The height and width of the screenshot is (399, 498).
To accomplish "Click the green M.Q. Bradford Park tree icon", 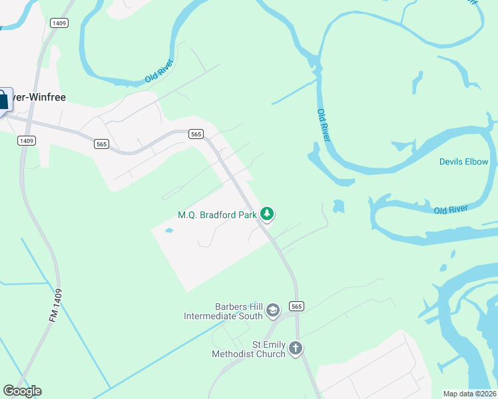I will (267, 213).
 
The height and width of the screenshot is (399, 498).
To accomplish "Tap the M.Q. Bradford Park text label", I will (217, 215).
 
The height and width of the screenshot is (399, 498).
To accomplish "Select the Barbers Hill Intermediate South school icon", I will (272, 310).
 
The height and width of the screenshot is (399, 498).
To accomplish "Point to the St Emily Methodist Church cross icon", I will (296, 348).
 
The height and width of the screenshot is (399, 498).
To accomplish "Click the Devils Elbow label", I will (463, 162).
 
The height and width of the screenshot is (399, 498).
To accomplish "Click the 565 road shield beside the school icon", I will (297, 306).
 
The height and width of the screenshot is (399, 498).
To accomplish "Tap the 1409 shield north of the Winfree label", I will (59, 23).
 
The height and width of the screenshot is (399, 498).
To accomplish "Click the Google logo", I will (22, 391).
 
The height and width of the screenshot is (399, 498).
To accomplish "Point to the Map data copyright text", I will (470, 394).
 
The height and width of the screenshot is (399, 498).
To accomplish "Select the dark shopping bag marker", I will (3, 100).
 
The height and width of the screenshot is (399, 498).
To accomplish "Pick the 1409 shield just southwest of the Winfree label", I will (27, 140).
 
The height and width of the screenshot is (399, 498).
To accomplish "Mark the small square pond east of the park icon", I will (338, 206).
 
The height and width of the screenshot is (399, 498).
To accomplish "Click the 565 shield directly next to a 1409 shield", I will (101, 144).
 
